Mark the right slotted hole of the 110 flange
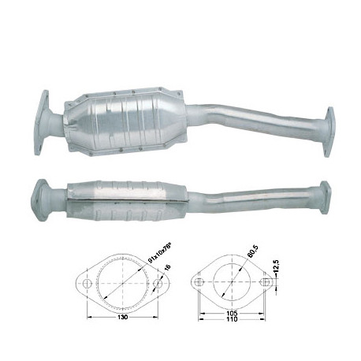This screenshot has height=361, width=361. pos(262,282)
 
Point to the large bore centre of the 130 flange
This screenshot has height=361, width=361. pos(122,281)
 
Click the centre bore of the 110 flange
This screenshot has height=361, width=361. pos(232,282)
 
